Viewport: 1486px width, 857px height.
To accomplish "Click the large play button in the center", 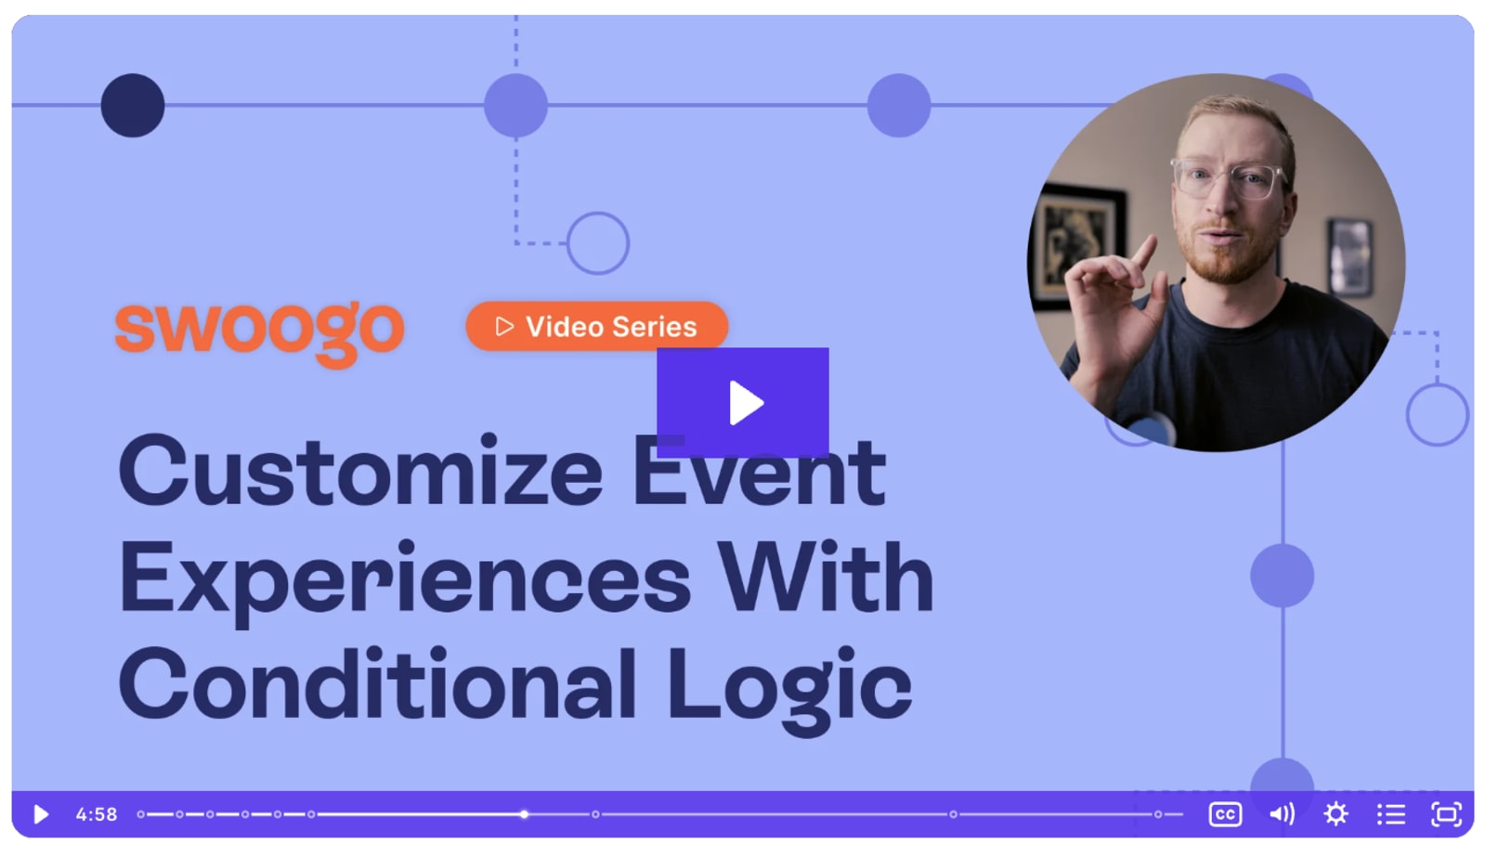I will (742, 402).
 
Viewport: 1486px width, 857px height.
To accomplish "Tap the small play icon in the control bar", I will (41, 814).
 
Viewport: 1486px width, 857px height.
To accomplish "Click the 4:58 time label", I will (97, 814).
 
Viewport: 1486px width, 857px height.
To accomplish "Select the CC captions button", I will (1225, 814).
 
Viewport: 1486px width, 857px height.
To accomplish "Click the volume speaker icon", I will (1282, 814).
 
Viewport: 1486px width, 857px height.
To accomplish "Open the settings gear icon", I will (1336, 814).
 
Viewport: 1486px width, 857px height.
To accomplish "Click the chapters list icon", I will (1390, 814).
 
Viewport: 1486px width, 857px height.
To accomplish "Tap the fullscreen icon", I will (1446, 814).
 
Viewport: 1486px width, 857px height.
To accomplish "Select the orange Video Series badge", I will (596, 326).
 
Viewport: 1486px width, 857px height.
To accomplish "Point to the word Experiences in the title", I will (404, 578).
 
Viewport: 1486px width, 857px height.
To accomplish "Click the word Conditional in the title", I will (377, 685).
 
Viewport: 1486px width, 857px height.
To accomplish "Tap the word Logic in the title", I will (789, 685).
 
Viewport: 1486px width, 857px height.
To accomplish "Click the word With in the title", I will (826, 578).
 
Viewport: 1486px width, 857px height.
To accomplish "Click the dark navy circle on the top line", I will (133, 105).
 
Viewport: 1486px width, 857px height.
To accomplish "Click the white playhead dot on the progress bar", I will (525, 814).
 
